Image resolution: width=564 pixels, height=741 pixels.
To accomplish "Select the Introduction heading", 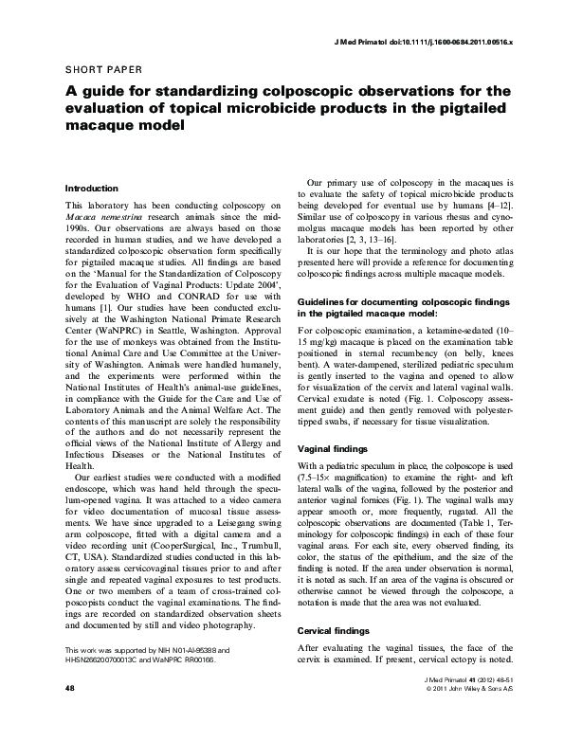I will click(91, 189).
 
